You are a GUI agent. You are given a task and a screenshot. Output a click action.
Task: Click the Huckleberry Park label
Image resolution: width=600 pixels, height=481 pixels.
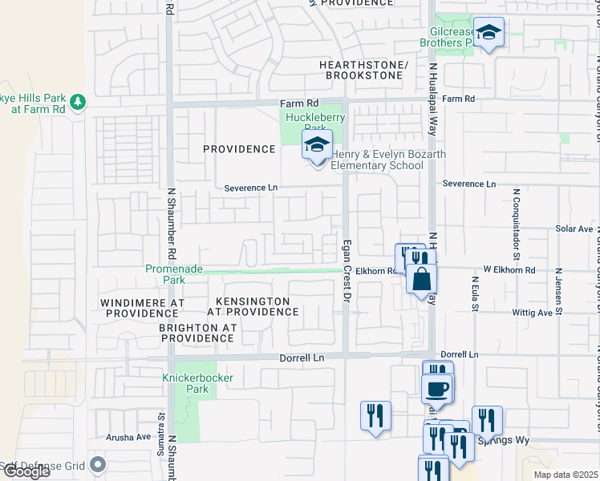[x=316, y=123]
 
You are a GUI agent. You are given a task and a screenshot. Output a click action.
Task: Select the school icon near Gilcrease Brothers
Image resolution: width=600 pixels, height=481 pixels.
[x=489, y=33]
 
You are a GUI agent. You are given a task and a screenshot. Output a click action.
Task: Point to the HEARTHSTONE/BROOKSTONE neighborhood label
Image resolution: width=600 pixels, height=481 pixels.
[x=363, y=69]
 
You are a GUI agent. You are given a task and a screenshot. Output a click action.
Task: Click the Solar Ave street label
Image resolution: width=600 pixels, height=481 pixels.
[x=574, y=228]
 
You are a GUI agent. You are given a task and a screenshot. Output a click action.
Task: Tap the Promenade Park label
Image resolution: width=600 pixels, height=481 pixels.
[x=173, y=274]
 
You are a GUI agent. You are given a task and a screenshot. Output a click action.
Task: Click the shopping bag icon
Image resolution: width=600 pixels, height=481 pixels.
[x=421, y=280]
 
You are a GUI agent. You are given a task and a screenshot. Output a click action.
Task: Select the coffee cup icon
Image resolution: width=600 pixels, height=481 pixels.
[x=437, y=389]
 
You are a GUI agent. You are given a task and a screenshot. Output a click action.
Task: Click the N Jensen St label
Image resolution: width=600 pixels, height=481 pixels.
[x=558, y=289]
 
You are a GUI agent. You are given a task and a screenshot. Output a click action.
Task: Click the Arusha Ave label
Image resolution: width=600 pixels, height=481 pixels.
[x=128, y=437]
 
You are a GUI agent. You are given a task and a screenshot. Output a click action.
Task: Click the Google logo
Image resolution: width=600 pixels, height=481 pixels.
[x=26, y=471]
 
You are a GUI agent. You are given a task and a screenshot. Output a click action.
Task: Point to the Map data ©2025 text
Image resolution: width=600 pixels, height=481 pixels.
[x=566, y=475]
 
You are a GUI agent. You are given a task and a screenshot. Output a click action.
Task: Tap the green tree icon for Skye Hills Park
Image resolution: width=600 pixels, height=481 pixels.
[x=77, y=102]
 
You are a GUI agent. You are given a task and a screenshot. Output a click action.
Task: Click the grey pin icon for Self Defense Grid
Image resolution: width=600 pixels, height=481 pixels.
[x=98, y=464]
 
